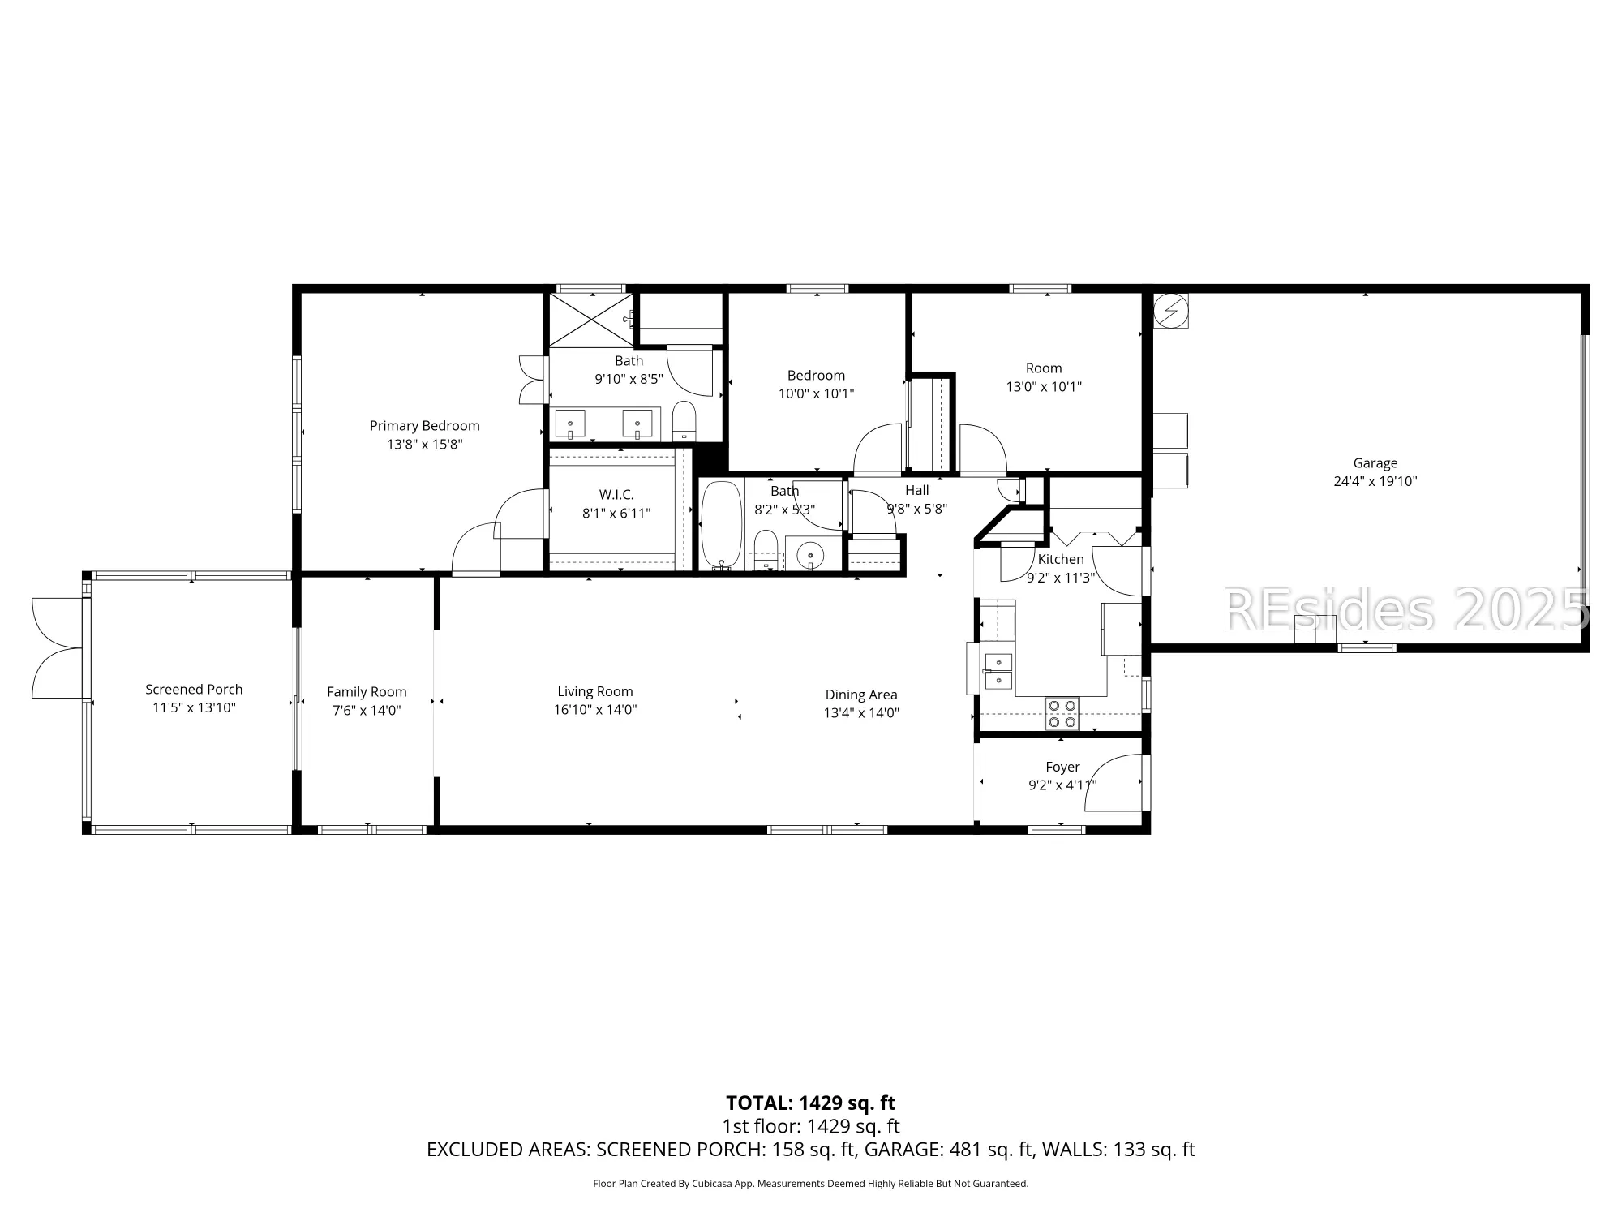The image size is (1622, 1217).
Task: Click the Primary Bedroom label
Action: click(x=424, y=426)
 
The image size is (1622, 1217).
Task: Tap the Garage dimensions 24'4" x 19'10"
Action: click(x=1375, y=481)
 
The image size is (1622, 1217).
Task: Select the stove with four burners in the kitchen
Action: click(x=1062, y=714)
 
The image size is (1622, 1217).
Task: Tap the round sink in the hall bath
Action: click(x=809, y=556)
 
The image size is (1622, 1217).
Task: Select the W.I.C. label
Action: click(x=616, y=495)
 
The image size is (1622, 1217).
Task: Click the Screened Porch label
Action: click(x=194, y=690)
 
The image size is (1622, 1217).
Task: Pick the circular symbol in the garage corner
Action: click(x=1170, y=311)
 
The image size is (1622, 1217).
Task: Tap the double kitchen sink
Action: click(x=998, y=671)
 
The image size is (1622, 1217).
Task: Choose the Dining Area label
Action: click(x=860, y=695)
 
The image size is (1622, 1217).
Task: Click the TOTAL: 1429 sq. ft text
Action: click(x=810, y=1103)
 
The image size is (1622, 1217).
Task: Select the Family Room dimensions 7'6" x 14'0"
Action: click(x=367, y=711)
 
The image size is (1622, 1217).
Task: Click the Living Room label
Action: click(x=594, y=691)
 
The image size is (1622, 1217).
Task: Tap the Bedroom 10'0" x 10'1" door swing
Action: click(x=878, y=449)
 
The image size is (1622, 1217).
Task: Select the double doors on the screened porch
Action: click(x=57, y=647)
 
